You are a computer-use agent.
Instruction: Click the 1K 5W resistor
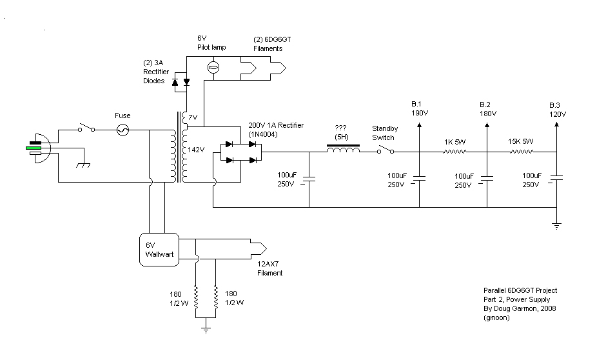454,152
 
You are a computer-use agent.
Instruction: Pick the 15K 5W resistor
523,152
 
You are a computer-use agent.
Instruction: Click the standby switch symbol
385,150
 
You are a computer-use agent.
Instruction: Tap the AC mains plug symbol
37,148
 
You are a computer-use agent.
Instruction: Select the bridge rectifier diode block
240,152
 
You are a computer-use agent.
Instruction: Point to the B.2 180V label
488,109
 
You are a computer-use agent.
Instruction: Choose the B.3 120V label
556,109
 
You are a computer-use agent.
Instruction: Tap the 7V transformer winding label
193,117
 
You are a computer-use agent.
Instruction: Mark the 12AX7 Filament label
266,268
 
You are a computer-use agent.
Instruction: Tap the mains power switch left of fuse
88,128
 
